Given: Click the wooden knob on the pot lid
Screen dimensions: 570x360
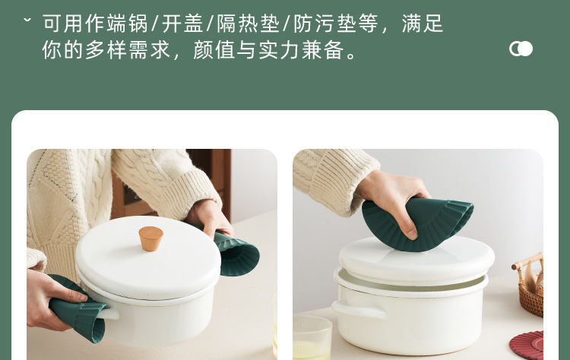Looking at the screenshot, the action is [x=150, y=238].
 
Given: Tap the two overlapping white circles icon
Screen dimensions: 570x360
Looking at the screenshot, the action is [x=521, y=49].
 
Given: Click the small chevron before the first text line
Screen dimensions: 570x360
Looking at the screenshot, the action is [x=27, y=20].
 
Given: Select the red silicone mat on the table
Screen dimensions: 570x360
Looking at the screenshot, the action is [x=527, y=346].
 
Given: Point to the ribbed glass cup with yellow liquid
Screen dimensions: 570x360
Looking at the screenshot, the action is [x=312, y=336].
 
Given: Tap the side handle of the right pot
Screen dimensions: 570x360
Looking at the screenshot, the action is [x=358, y=310].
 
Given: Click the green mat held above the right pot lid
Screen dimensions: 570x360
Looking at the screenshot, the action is [x=418, y=223].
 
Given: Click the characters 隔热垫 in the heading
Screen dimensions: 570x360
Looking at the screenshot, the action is [x=249, y=24].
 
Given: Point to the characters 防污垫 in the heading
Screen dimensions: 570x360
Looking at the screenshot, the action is [x=325, y=24].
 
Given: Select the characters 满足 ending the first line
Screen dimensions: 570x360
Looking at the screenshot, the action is [x=423, y=24].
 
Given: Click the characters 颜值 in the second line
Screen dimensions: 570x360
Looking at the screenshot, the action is [x=214, y=50].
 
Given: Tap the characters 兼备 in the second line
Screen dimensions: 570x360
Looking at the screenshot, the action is [x=322, y=50].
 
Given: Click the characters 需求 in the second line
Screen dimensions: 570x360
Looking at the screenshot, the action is [x=150, y=50].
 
